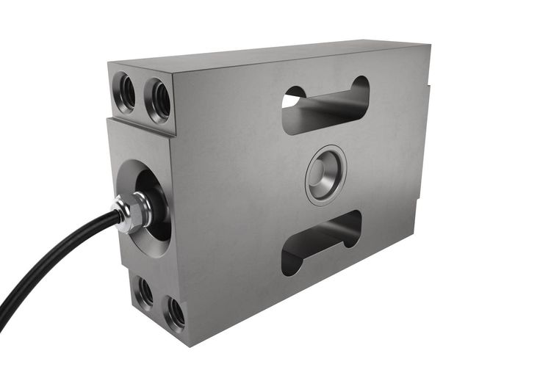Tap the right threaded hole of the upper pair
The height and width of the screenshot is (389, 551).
[x=158, y=100]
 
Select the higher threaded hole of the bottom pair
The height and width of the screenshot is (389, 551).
[x=144, y=293]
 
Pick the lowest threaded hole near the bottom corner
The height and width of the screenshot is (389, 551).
[x=175, y=313]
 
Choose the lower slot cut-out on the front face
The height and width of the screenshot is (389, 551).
[x=321, y=242]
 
